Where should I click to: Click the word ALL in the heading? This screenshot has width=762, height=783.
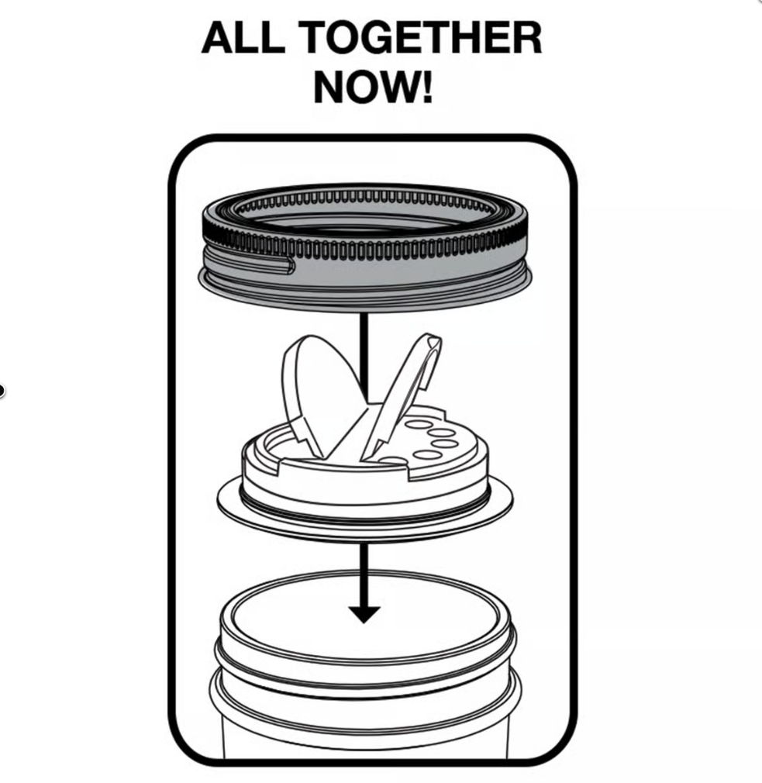click(x=243, y=37)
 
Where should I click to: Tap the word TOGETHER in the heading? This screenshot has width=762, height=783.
click(x=422, y=37)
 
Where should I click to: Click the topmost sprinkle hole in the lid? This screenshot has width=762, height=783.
click(x=419, y=425)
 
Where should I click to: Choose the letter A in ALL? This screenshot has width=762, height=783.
click(x=218, y=37)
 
